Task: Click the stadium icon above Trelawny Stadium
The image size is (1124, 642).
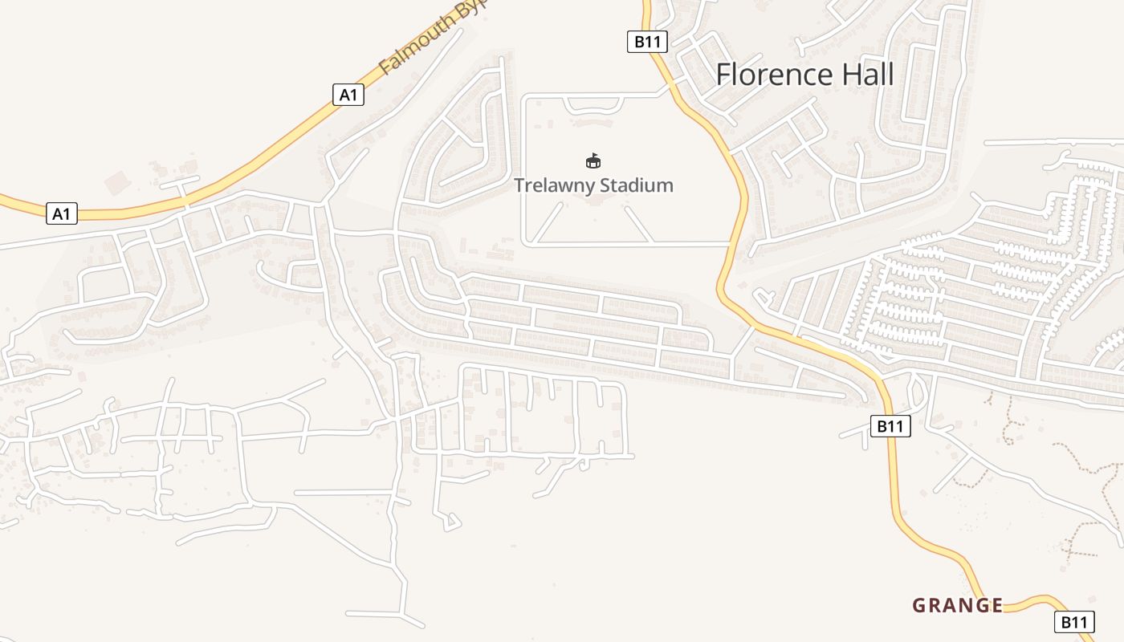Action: click(593, 161)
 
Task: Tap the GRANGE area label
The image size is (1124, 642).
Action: click(957, 605)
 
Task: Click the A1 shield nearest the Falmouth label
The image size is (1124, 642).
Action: click(348, 95)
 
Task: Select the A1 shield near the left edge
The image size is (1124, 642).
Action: click(61, 213)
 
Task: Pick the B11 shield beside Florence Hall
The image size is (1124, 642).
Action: click(646, 42)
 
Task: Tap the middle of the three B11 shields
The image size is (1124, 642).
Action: click(890, 426)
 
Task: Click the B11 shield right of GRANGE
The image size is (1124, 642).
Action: click(1073, 621)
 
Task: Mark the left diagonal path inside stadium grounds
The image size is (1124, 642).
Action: click(549, 222)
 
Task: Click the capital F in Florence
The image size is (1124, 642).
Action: click(723, 75)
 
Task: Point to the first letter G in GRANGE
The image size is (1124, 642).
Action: click(918, 605)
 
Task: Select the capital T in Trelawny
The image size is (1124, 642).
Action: click(519, 185)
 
